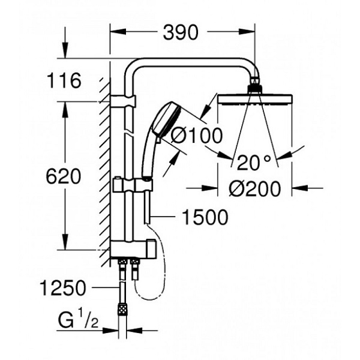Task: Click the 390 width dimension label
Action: [179, 33]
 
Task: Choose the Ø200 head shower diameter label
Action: [255, 189]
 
